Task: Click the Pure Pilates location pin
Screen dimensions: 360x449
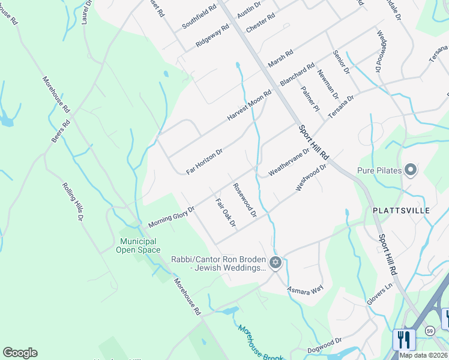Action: coord(411,171)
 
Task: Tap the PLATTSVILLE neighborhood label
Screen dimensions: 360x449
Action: coord(401,211)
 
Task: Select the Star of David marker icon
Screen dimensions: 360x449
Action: coord(276,262)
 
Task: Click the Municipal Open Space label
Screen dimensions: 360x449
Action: coord(136,245)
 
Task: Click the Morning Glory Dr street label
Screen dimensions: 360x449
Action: coord(172,217)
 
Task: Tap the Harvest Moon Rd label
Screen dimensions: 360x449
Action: coord(249,106)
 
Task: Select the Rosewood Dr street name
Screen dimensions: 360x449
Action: coord(245,200)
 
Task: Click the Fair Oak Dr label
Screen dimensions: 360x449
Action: coord(226,214)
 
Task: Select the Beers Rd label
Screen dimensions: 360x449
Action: coord(61,131)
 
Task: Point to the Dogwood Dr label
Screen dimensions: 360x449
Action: coord(324,346)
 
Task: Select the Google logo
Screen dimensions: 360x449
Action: coord(20,353)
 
